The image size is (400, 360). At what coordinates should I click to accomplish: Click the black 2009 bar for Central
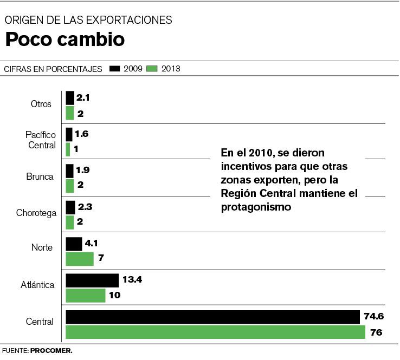212,317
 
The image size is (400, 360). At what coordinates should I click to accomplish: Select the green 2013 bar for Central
215,332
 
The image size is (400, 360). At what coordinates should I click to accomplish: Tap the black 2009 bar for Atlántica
92,280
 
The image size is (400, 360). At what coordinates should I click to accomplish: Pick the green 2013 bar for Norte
80,259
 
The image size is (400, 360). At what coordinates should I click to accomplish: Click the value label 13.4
132,280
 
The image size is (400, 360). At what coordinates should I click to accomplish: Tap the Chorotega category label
36,213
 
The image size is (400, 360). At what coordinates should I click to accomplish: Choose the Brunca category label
39,176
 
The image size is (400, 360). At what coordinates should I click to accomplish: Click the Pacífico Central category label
41,140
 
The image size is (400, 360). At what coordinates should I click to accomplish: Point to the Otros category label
41,103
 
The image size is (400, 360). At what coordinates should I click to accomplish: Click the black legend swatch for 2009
115,69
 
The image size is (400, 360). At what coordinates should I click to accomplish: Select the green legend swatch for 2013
152,69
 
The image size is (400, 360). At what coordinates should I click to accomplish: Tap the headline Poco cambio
64,40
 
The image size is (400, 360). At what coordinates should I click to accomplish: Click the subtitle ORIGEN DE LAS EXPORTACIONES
88,20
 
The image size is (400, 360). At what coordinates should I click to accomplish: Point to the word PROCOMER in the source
51,351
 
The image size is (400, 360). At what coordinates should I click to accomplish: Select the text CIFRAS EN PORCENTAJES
53,69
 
